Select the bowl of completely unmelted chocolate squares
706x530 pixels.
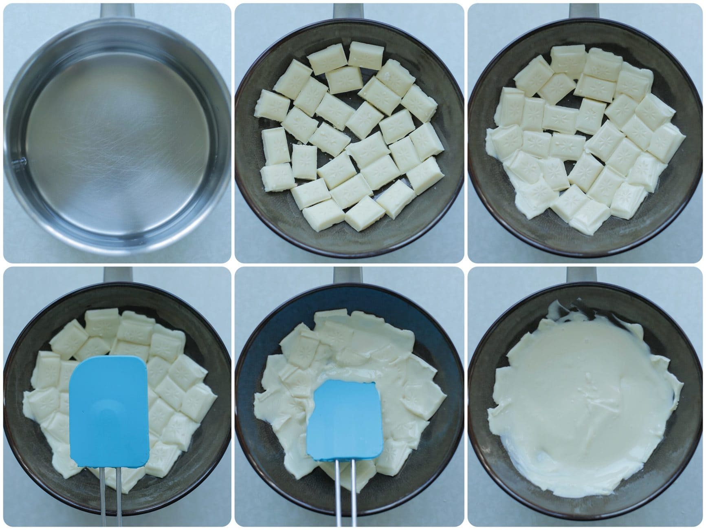coord(350,135)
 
